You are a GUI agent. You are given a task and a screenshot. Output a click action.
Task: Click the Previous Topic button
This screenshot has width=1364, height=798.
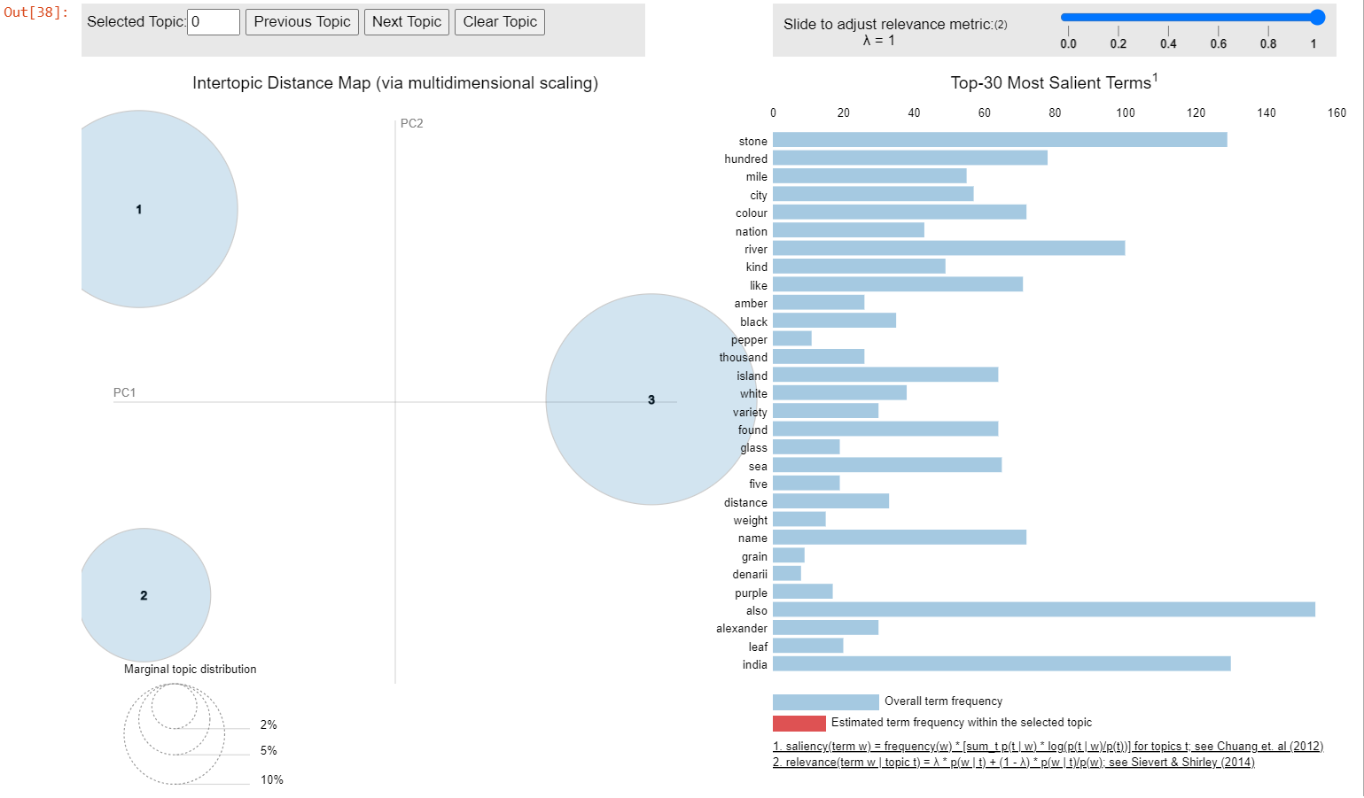(x=301, y=22)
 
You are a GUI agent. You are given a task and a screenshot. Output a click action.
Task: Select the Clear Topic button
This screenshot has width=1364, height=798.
(x=500, y=22)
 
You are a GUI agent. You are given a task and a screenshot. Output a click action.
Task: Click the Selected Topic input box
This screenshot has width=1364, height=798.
(x=214, y=22)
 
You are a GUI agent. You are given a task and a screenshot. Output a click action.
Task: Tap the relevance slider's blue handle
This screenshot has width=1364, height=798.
(x=1317, y=17)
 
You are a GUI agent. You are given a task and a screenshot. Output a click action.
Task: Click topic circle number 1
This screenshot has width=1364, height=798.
(x=139, y=209)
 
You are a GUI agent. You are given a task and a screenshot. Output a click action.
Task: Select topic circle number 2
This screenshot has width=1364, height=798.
(x=144, y=595)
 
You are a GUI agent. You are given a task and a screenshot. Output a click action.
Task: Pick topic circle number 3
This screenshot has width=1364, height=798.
(x=651, y=399)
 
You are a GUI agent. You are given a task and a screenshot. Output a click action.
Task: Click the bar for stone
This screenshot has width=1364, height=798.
(x=1000, y=140)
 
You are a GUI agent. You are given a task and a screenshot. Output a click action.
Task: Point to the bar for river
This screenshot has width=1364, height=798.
(x=948, y=249)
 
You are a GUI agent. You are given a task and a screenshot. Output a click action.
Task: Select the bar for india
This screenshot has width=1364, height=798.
(x=1002, y=664)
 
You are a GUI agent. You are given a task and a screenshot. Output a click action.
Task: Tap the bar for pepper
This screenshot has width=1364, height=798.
(x=791, y=338)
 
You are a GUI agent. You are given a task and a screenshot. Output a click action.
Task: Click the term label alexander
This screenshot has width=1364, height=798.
(x=742, y=629)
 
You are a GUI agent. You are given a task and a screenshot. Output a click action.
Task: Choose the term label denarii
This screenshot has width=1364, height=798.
(x=750, y=575)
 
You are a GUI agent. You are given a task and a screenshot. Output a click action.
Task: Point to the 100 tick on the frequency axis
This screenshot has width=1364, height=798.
(x=1125, y=112)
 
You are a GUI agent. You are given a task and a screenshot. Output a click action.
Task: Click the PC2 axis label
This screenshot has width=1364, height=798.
(x=412, y=123)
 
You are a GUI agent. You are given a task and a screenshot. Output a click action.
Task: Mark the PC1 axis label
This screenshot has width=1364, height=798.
(x=124, y=392)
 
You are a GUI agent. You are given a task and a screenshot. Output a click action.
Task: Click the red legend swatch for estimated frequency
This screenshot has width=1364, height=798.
(x=799, y=723)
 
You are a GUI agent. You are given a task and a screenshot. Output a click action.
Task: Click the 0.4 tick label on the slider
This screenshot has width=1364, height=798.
(x=1168, y=43)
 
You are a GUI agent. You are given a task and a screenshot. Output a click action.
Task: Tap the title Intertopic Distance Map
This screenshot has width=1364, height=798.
(x=395, y=83)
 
